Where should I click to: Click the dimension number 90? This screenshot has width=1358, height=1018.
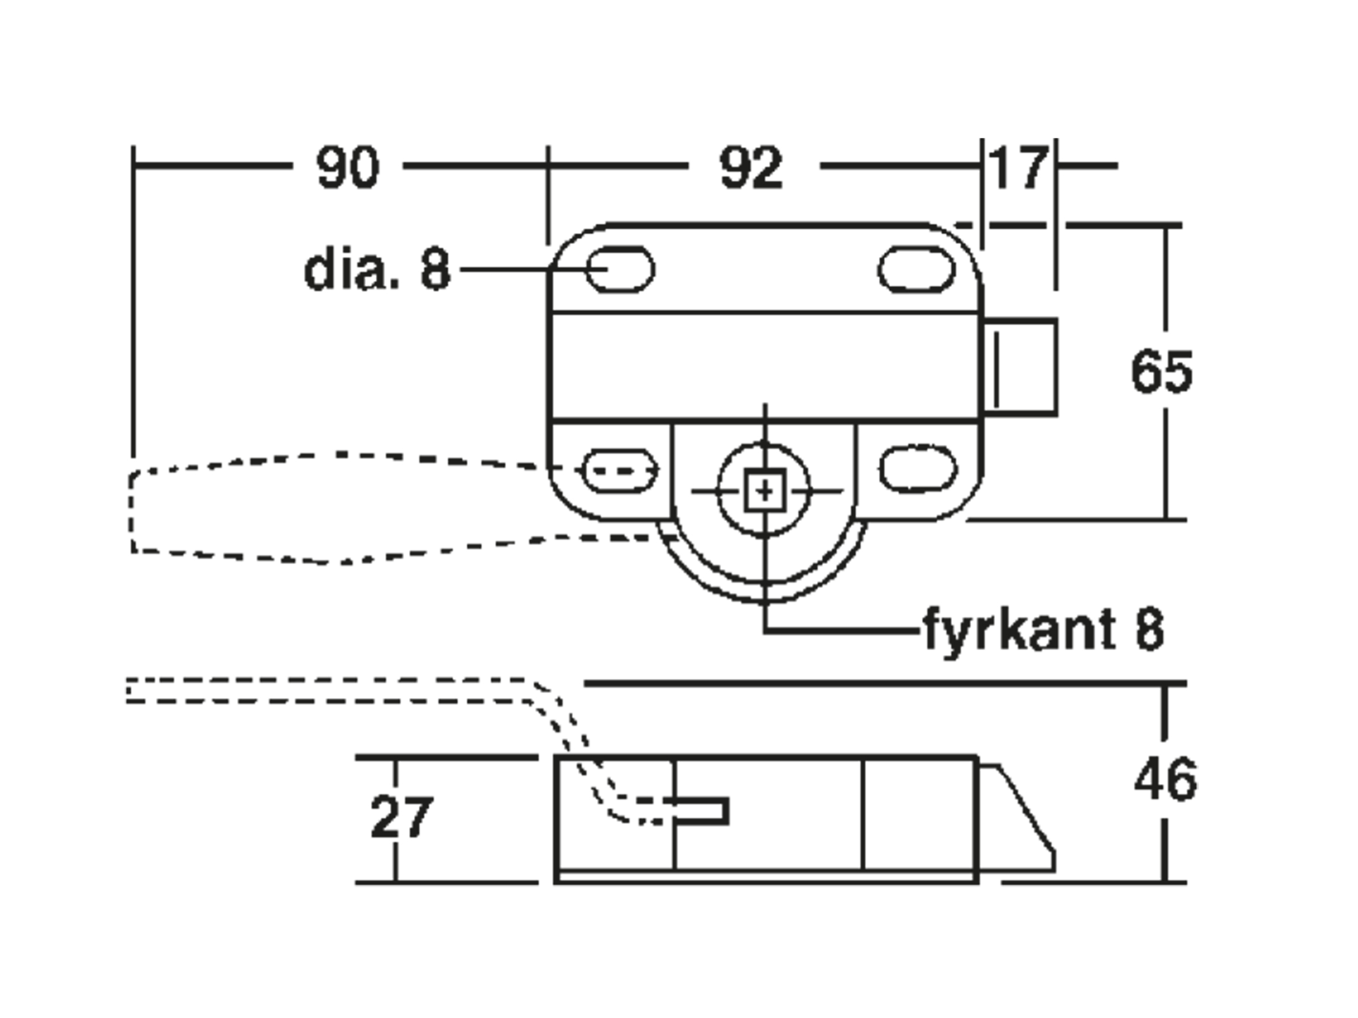(x=348, y=167)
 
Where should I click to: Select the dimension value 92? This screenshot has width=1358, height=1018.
(x=751, y=167)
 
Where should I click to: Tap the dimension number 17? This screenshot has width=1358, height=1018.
(x=1018, y=167)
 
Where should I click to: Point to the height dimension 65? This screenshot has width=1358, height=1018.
(x=1162, y=371)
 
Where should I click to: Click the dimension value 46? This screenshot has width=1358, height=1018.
(x=1165, y=779)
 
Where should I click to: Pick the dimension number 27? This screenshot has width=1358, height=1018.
(x=402, y=816)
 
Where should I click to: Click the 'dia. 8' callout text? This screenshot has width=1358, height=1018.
(x=377, y=269)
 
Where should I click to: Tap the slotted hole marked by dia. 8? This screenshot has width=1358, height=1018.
(x=620, y=269)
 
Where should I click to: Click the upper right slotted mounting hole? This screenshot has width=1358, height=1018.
(x=917, y=269)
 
